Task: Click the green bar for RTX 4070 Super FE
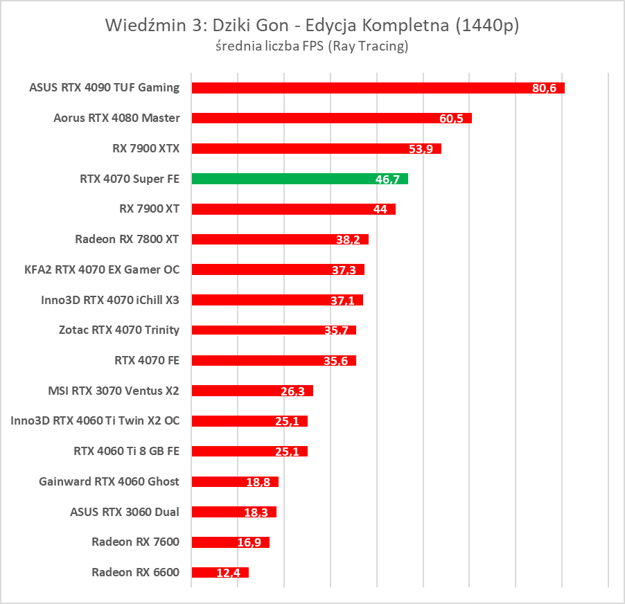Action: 298,179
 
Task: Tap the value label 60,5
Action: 452,118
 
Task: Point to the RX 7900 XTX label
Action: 146,148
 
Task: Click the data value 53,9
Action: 421,149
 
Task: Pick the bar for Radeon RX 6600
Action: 219,573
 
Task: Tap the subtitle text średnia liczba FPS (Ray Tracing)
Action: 312,47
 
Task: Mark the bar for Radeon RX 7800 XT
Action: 277,239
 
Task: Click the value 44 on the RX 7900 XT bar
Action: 380,209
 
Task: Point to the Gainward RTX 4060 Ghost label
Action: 109,481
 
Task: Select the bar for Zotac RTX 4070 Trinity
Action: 270,330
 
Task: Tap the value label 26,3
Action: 293,391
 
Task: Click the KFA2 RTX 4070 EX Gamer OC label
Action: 102,269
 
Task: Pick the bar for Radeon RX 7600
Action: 229,542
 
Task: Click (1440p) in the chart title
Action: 484,26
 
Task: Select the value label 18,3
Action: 256,513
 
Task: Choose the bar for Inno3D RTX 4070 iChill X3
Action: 274,300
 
